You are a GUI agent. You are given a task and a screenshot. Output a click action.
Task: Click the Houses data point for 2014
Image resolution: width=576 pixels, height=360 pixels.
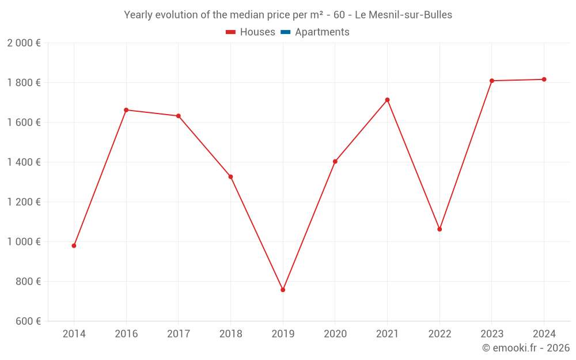(74, 246)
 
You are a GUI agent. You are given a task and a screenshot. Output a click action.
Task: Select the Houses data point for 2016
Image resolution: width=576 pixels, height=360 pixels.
(126, 110)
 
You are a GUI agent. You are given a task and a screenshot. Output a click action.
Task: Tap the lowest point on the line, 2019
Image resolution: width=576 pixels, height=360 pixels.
(283, 290)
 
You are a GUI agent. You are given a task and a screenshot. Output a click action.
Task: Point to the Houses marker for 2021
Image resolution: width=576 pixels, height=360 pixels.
(387, 100)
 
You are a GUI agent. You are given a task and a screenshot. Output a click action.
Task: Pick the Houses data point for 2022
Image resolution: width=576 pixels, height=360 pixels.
(439, 229)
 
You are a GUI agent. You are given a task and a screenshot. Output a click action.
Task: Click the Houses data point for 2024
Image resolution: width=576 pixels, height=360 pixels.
(544, 79)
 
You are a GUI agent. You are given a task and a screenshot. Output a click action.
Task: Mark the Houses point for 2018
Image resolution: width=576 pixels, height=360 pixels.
(230, 177)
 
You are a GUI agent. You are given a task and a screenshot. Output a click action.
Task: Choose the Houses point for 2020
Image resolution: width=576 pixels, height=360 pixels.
(335, 162)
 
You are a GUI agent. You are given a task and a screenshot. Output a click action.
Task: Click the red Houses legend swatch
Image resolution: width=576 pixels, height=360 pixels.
(230, 32)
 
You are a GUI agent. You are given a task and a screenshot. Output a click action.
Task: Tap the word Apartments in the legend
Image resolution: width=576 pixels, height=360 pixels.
(322, 32)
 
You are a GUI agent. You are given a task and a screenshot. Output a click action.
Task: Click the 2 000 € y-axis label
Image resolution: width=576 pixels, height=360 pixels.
(24, 43)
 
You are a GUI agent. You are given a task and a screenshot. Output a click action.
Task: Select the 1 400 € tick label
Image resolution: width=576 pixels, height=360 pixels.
(24, 162)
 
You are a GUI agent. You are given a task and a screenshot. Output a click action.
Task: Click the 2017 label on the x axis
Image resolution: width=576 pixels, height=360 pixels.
(179, 334)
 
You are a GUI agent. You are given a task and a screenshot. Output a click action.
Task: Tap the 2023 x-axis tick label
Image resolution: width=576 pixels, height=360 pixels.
(492, 334)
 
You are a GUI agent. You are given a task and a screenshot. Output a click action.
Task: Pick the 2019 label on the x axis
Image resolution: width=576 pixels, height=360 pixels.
(283, 334)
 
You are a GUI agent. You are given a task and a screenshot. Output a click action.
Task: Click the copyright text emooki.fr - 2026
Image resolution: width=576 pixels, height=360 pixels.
(526, 348)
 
